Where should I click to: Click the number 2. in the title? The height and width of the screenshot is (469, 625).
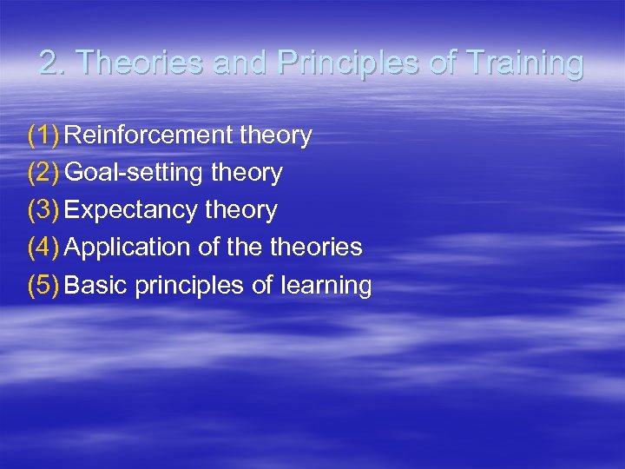[54, 63]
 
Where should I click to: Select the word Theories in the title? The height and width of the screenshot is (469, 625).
[135, 63]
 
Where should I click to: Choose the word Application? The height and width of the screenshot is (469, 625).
[128, 248]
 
